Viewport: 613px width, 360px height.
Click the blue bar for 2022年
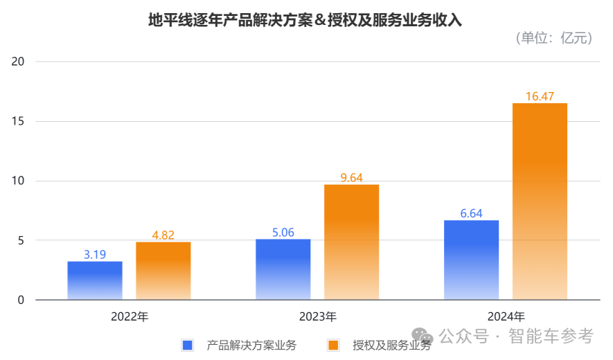point(95,280)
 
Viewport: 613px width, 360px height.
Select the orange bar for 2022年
point(163,271)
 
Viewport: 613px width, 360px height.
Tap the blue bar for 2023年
point(283,269)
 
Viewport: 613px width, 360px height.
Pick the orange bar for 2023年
point(352,242)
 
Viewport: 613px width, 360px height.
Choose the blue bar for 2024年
point(472,260)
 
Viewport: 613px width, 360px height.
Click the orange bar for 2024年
point(540,201)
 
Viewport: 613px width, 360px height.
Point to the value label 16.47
point(540,96)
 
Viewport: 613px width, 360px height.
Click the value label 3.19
point(95,254)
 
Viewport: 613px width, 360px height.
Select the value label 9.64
point(352,178)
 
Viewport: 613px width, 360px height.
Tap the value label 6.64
point(472,213)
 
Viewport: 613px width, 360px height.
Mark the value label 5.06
point(283,233)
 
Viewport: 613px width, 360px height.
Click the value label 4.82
point(163,235)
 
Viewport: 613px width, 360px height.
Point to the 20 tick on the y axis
point(18,62)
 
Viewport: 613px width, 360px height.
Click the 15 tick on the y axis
point(18,121)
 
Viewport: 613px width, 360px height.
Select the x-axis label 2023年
point(318,317)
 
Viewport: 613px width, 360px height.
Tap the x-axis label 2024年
point(506,317)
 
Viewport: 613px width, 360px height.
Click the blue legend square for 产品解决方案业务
point(187,345)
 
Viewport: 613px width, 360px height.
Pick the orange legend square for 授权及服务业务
point(334,345)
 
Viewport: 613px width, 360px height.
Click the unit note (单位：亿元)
point(553,39)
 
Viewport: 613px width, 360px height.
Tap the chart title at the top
point(305,20)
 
